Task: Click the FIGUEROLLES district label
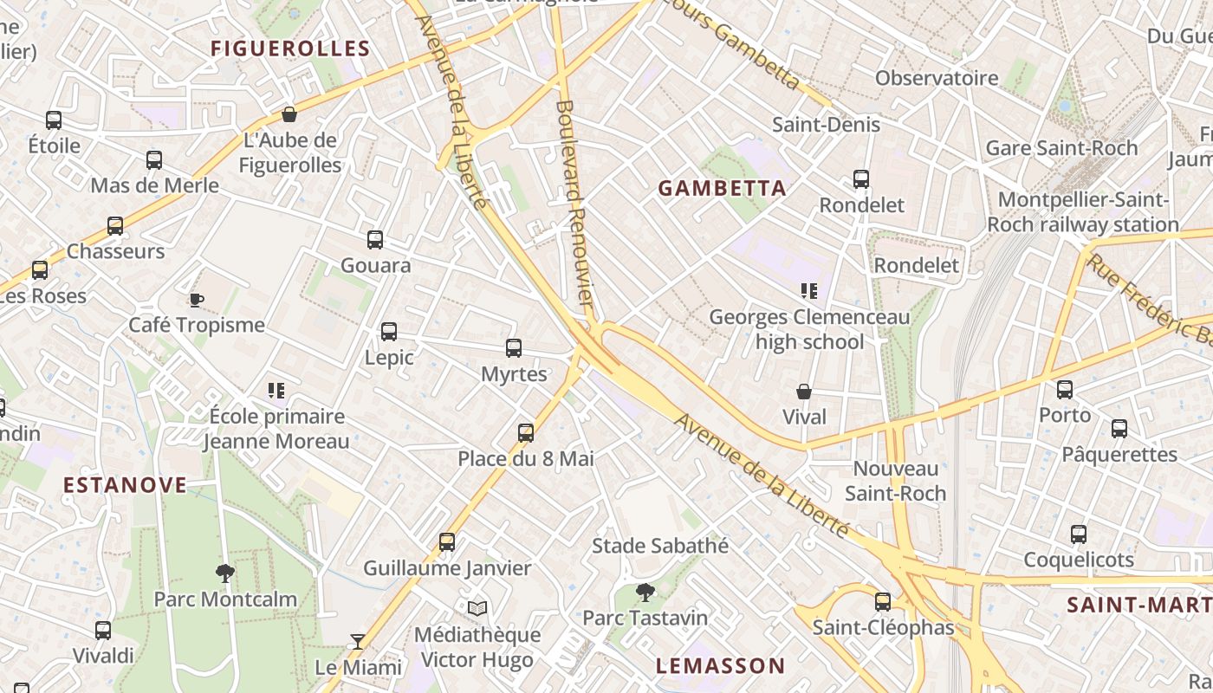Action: [x=290, y=49]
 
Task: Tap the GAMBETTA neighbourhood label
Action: [x=722, y=188]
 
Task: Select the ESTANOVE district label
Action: [x=125, y=484]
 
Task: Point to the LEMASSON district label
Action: [x=720, y=665]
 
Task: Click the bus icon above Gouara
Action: [x=375, y=240]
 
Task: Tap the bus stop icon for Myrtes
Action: [x=514, y=348]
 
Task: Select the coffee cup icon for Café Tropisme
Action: [x=197, y=300]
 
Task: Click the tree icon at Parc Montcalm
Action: [x=225, y=573]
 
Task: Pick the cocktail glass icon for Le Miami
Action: [x=358, y=642]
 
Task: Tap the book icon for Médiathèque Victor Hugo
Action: [x=477, y=608]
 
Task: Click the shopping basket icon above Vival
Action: [x=804, y=392]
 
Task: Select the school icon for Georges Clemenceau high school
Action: [x=809, y=291]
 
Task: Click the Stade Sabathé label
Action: [x=659, y=546]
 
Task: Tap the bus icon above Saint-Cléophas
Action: [x=883, y=601]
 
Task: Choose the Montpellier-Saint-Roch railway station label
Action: [x=1082, y=212]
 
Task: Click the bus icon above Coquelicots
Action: [x=1079, y=534]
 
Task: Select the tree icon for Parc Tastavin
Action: [x=645, y=592]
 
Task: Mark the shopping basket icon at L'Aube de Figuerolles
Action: [x=289, y=114]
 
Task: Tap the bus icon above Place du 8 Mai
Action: [x=526, y=432]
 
